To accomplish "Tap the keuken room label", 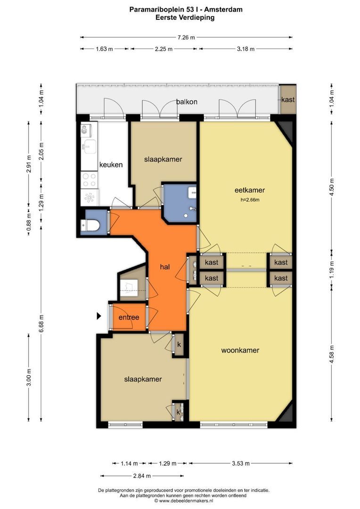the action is click(x=111, y=164).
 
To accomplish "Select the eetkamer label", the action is click(x=250, y=190).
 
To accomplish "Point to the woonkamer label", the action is click(x=240, y=350).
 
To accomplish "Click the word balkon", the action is click(x=187, y=102).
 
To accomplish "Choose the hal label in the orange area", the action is click(x=165, y=267).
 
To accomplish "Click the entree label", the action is click(x=129, y=318).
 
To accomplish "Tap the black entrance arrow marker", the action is click(x=99, y=316).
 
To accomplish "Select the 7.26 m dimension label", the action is click(x=186, y=37).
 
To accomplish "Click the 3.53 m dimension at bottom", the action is click(x=240, y=463).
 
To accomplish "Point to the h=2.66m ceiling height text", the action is click(x=250, y=200).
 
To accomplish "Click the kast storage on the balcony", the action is click(x=287, y=99).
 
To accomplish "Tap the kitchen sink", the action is click(x=89, y=147).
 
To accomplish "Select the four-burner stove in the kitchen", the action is click(x=89, y=180).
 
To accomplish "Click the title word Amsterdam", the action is click(x=223, y=9).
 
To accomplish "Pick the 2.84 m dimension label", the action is click(x=142, y=476).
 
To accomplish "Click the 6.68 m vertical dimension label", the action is click(x=41, y=324).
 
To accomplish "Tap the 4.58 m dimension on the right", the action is click(x=332, y=354).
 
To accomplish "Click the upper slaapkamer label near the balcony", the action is click(x=163, y=159).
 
